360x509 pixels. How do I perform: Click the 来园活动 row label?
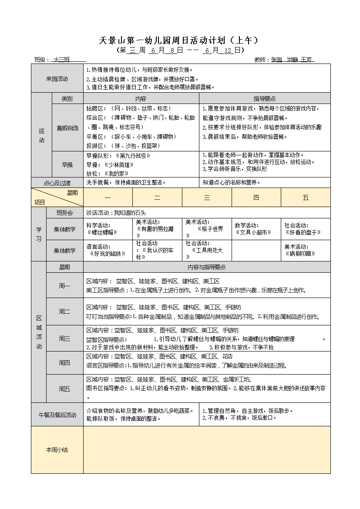coord(57,79)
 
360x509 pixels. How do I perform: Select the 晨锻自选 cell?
coord(67,127)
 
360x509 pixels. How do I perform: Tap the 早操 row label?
coord(67,164)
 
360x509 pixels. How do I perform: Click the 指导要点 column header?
coord(265,99)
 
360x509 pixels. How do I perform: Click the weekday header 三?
coord(207,198)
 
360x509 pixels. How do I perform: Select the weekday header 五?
coord(306,198)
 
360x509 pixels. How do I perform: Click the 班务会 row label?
coord(64,213)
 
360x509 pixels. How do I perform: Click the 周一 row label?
coord(64,286)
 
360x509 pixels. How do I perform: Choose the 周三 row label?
coord(64,338)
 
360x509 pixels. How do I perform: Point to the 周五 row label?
coord(64,388)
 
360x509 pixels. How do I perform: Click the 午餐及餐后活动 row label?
coord(57,415)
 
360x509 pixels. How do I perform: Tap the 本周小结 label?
coord(57,450)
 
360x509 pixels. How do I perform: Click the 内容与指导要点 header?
coord(206,267)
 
